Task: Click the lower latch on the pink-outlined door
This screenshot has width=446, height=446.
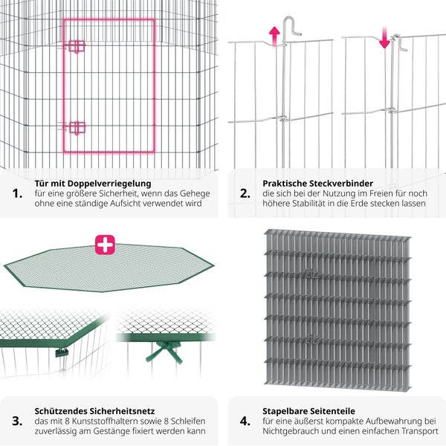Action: [77, 127]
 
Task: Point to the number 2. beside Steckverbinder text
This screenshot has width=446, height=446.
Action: [245, 193]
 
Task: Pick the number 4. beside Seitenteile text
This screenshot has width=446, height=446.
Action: [245, 420]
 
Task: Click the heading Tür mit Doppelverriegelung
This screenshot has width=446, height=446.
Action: [93, 183]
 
